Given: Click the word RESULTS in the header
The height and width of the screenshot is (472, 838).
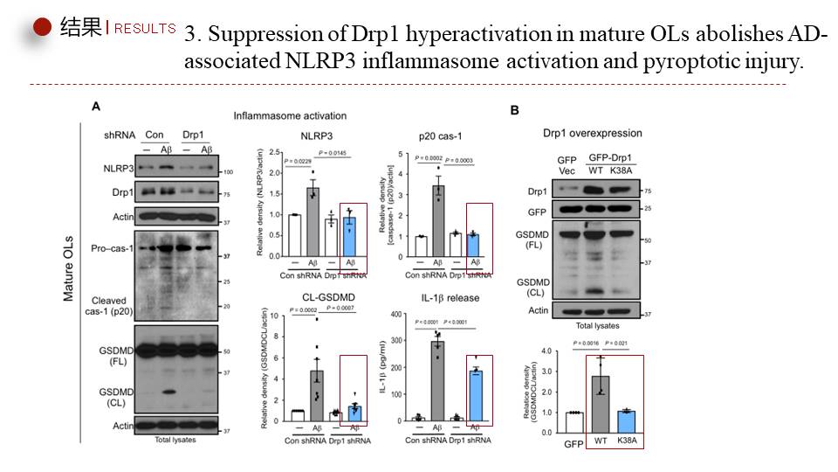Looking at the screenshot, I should click(x=145, y=29).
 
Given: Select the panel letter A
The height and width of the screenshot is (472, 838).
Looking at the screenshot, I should click(x=96, y=106).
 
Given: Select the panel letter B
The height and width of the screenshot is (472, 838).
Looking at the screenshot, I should click(x=515, y=110).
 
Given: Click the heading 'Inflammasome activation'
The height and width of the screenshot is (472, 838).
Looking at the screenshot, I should click(x=290, y=115).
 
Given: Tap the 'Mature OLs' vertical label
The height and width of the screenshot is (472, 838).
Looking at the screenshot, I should click(x=69, y=267).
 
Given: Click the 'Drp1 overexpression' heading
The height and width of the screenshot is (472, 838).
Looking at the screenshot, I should click(x=592, y=133).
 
